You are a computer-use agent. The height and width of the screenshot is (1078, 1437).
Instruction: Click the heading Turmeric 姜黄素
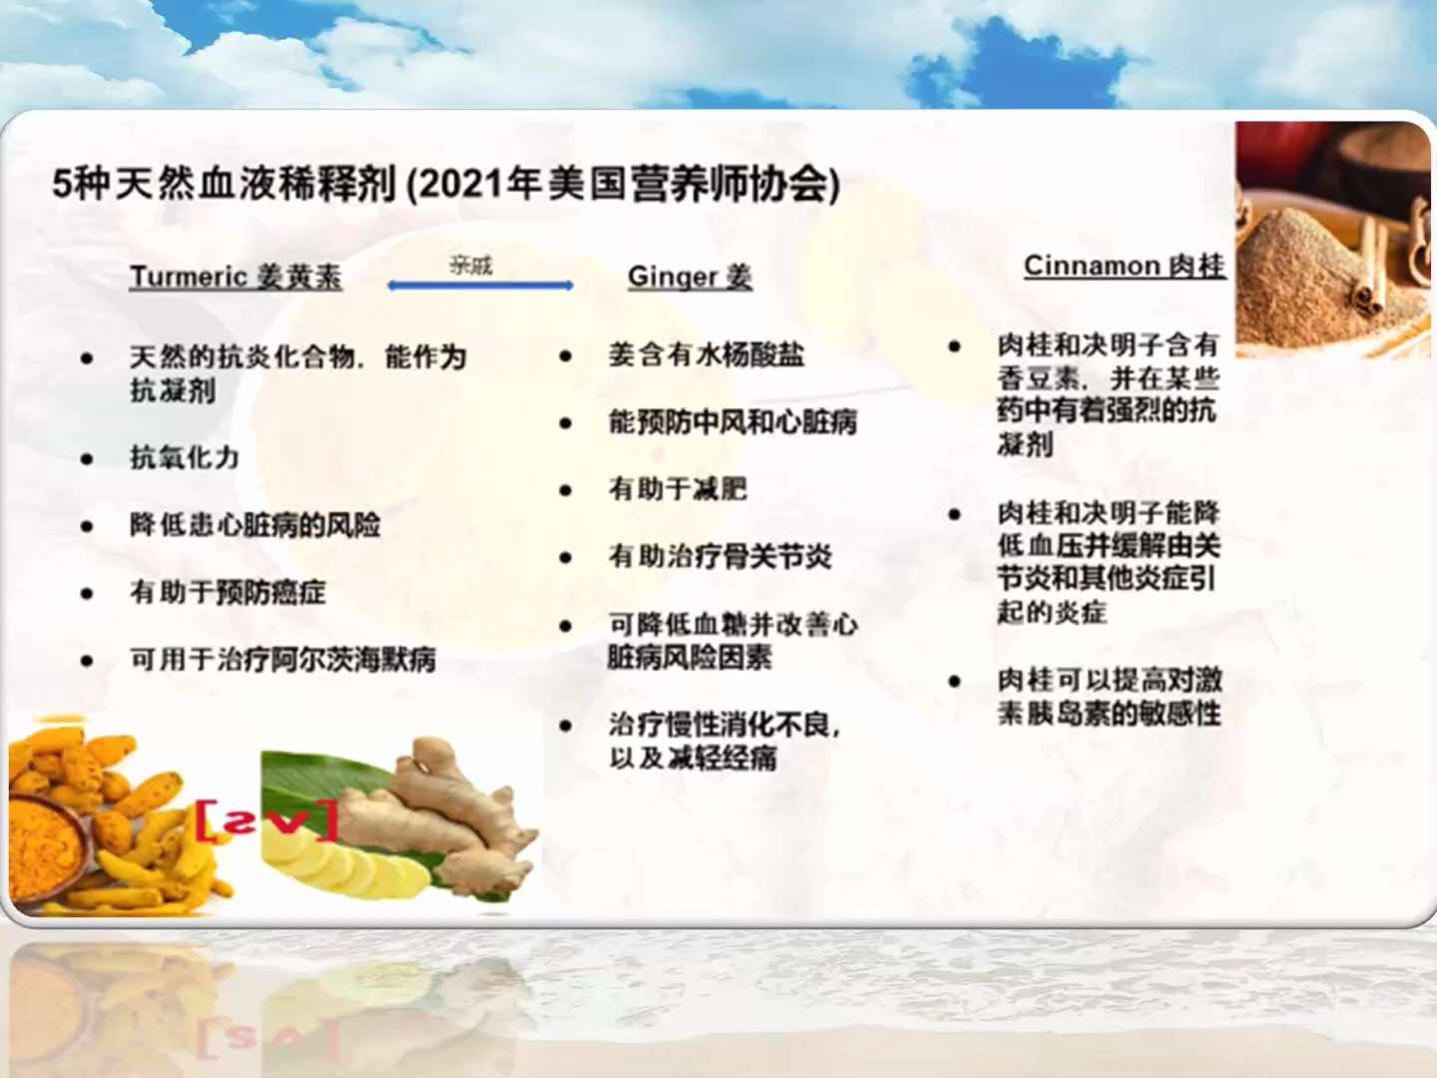coord(236,276)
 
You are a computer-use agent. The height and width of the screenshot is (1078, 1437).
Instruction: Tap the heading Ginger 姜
coord(690,276)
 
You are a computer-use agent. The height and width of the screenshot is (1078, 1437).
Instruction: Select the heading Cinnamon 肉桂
coord(1124,266)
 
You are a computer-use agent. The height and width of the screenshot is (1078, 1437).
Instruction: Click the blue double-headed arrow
coord(480,285)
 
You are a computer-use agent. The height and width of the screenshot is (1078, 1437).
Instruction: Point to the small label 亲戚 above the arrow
coord(471,265)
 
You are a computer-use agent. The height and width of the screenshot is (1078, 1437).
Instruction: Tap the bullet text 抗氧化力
coord(185,457)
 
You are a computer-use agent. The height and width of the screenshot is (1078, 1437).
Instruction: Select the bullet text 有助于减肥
coord(678,489)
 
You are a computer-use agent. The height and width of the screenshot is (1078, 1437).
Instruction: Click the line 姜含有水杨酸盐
coord(707,354)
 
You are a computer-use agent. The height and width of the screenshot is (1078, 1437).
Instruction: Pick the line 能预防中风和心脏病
coord(732,422)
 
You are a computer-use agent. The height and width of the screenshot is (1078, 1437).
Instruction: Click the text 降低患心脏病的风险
coord(254,525)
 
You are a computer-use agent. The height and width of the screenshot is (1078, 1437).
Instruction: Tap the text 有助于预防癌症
coord(228,592)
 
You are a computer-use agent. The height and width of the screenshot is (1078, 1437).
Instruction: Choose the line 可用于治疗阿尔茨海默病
coord(282,659)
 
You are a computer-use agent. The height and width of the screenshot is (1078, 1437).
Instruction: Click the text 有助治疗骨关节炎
coord(719,556)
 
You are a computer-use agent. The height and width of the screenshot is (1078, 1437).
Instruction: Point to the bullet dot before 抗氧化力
coord(87,459)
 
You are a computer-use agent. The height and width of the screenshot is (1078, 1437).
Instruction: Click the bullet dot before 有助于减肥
coord(566,490)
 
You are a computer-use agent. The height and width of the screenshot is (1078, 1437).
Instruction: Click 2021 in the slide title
coord(458,184)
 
